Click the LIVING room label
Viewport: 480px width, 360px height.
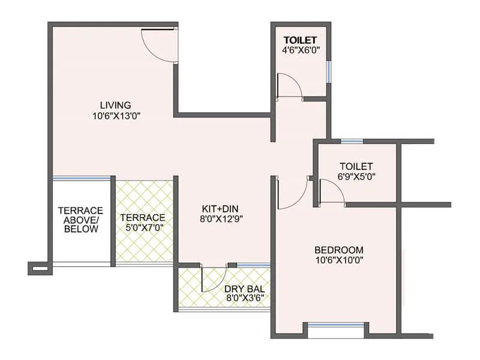coord(115,105)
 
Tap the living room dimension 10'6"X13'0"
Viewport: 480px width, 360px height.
coord(116,116)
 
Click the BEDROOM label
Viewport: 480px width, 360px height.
coord(339,250)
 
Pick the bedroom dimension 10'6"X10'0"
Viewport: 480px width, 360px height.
coord(339,260)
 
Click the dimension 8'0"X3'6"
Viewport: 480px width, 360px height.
coord(244,298)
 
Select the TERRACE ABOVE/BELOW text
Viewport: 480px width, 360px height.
coord(80,220)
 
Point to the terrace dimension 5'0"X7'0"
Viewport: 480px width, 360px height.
coord(143,227)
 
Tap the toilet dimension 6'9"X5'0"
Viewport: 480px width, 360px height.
coord(356,177)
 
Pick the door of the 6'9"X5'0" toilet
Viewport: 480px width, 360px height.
coord(331,193)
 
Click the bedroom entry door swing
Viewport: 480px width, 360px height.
coord(292,194)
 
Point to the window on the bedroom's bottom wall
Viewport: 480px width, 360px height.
coord(335,328)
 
